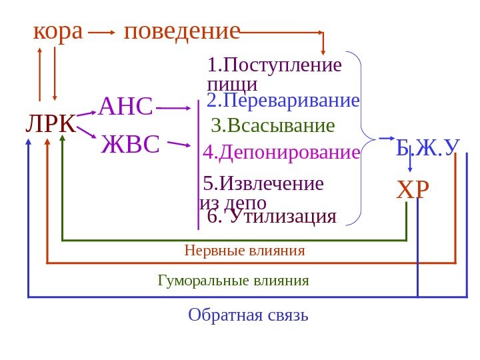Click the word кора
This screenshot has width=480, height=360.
(58, 31)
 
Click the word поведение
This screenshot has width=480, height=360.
(182, 31)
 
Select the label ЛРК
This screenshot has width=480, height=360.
(50, 123)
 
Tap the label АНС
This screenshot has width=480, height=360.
(126, 105)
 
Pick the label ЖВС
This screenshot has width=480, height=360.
(131, 144)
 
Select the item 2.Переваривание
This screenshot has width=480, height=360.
(283, 101)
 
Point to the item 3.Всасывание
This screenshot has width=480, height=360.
(273, 126)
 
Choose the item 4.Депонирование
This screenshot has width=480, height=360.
(281, 153)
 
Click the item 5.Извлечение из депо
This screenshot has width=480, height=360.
(262, 192)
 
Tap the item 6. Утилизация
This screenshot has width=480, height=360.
(271, 216)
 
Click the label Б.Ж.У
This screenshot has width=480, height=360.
(429, 148)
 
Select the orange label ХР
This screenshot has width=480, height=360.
(413, 191)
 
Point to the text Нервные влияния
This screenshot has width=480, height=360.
(244, 251)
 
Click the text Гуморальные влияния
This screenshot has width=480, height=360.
(233, 280)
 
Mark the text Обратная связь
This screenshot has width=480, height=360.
(248, 314)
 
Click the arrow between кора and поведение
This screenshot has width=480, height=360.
(101, 32)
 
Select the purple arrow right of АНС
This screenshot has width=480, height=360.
(175, 107)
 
